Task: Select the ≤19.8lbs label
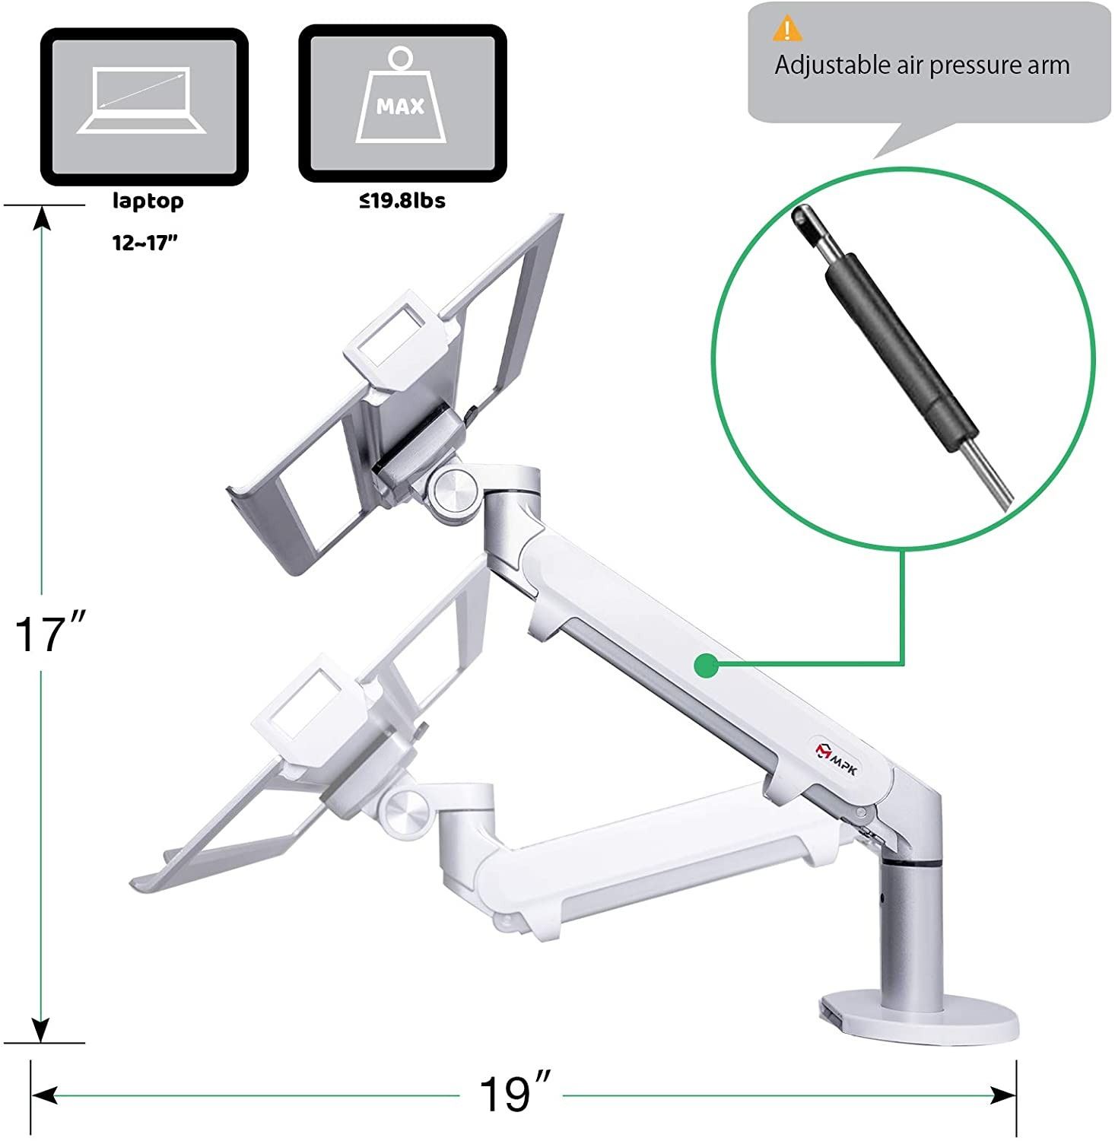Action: coord(402,201)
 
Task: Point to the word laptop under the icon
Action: coord(148,202)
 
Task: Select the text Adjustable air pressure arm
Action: coord(922,65)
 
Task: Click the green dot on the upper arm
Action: coord(706,666)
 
